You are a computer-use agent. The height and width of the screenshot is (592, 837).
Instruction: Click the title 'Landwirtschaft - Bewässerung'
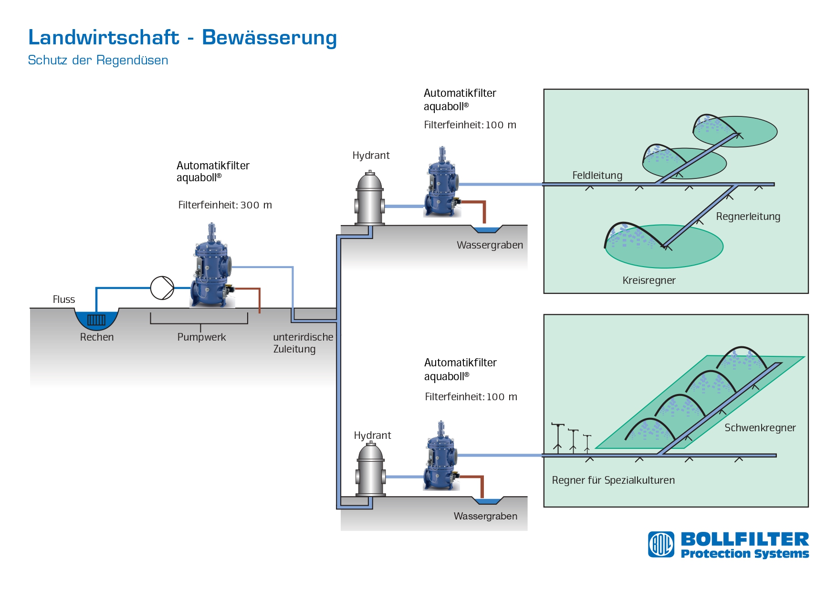(182, 38)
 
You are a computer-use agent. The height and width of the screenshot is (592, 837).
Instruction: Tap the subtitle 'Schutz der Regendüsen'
(98, 60)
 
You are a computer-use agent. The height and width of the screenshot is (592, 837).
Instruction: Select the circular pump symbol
(162, 288)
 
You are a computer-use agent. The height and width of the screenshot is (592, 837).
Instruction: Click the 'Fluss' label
(64, 299)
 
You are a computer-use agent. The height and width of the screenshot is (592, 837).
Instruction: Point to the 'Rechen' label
(97, 337)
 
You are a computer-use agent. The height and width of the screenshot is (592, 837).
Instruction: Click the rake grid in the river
(96, 320)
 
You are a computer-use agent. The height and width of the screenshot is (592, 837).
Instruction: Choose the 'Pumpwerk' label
(201, 337)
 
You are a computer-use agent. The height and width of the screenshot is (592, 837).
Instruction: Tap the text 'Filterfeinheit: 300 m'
(225, 205)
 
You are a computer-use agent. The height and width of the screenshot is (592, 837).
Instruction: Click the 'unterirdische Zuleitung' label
(303, 343)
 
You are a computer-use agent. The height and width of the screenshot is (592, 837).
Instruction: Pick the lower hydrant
(371, 469)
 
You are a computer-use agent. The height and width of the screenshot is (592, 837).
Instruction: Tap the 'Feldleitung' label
(597, 175)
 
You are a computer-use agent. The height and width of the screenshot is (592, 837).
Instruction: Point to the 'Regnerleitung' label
(748, 217)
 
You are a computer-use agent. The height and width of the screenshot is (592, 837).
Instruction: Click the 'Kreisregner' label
(649, 280)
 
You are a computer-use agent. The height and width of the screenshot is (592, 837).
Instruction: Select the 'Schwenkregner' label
(760, 427)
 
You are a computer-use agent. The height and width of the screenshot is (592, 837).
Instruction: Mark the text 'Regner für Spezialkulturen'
(613, 480)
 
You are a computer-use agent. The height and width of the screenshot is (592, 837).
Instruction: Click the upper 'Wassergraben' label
(490, 245)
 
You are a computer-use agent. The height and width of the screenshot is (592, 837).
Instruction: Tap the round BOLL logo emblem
(661, 544)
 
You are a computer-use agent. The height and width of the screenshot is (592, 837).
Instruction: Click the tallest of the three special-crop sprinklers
(557, 437)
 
